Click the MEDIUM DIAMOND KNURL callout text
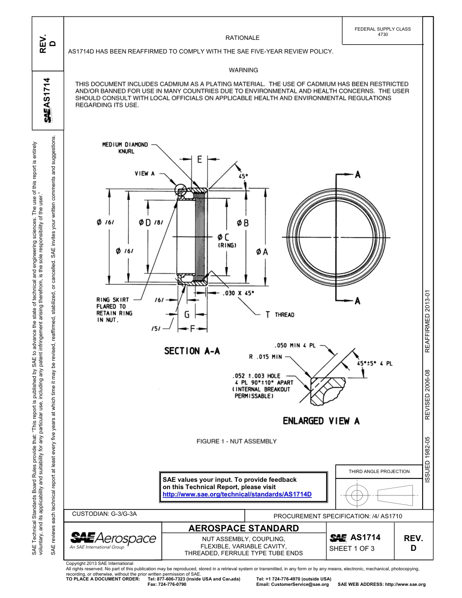click(x=124, y=148)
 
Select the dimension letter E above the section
click(x=199, y=159)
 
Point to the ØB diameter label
click(x=243, y=223)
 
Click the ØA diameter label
click(x=262, y=252)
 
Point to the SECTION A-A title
click(x=192, y=351)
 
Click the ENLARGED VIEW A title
click(x=321, y=421)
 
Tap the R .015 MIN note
click(x=266, y=356)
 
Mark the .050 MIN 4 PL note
click(x=295, y=346)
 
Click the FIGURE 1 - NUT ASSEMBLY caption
click(x=236, y=441)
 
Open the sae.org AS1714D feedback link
click(x=237, y=494)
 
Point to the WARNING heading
click(x=243, y=70)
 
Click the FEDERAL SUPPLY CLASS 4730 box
click(x=382, y=32)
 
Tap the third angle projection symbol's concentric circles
click(x=357, y=496)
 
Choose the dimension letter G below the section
click(x=187, y=315)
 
